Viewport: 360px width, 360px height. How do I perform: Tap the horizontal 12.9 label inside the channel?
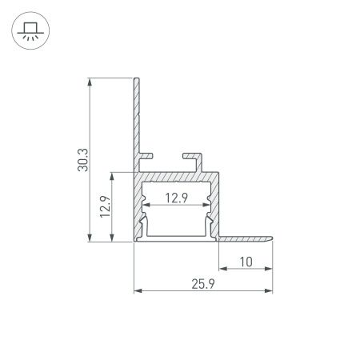tap(178, 199)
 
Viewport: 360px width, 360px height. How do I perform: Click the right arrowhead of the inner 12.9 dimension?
tap(209, 207)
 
